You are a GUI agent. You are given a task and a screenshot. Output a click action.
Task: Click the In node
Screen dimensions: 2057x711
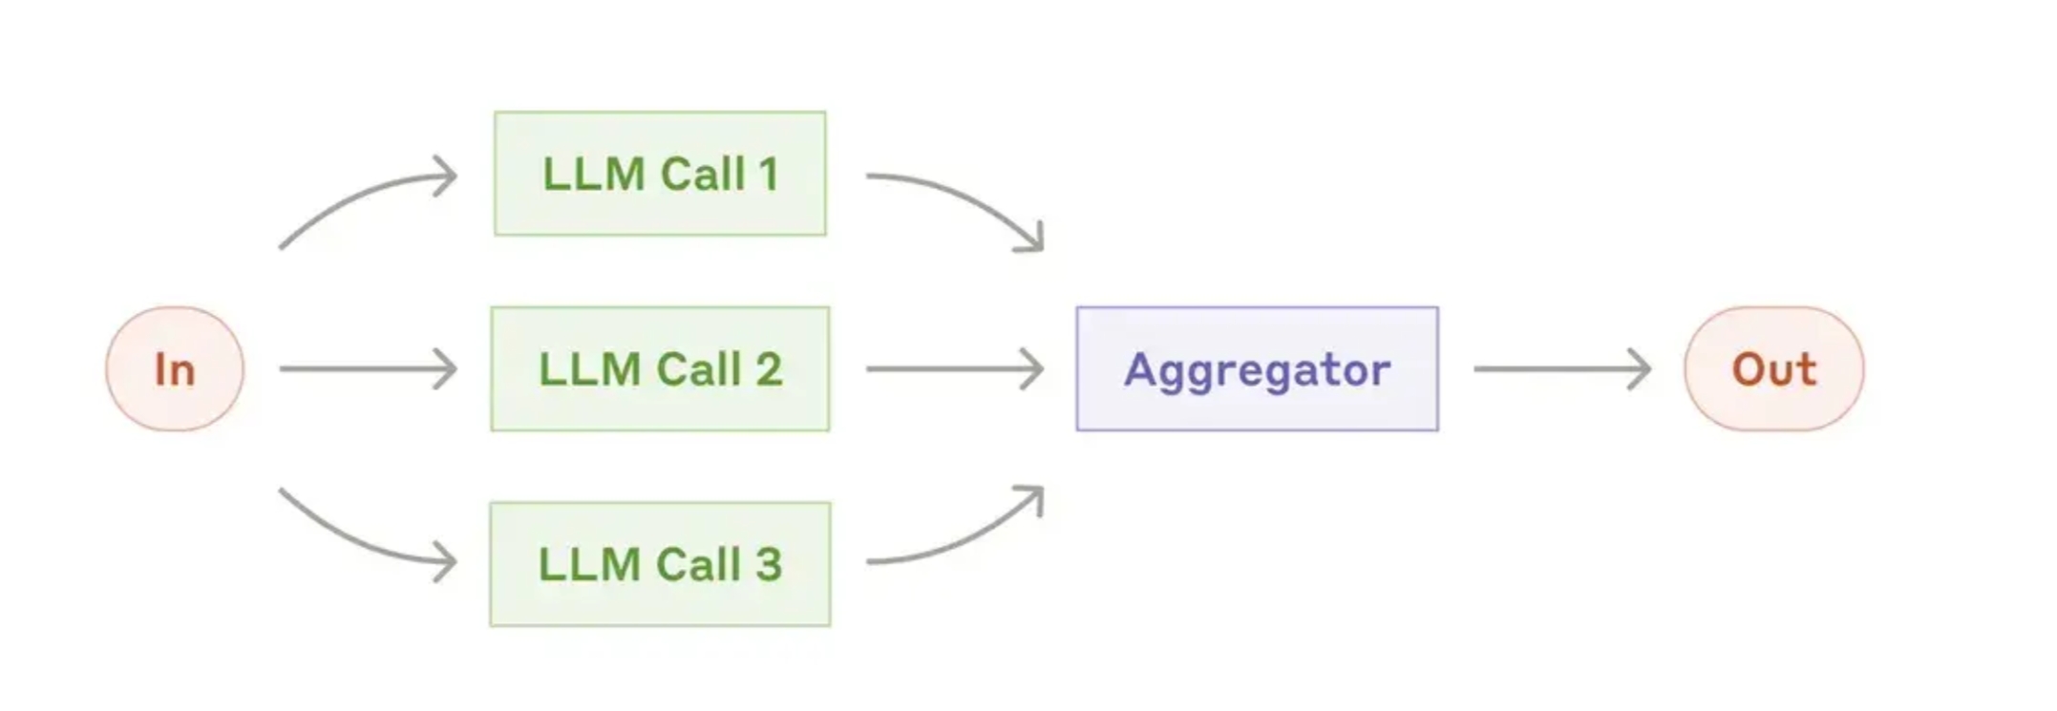[175, 368]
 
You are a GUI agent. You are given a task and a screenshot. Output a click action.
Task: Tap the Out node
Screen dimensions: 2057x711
[1773, 368]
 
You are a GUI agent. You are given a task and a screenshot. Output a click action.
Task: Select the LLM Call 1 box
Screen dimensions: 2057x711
[660, 174]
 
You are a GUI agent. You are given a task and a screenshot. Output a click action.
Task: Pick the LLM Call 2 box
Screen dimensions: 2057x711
[660, 368]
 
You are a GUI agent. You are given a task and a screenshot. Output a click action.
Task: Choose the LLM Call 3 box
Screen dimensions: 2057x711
[660, 564]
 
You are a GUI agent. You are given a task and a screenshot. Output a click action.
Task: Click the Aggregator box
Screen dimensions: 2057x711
[1257, 368]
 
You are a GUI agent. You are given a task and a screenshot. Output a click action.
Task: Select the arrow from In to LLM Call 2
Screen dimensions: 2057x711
[368, 368]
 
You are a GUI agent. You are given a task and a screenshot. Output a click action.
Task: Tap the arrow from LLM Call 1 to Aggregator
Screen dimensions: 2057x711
[965, 196]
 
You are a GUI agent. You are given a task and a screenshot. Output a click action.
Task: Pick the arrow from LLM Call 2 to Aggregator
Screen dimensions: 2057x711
[955, 368]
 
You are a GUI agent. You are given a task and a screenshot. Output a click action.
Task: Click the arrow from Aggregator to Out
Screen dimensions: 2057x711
[1562, 368]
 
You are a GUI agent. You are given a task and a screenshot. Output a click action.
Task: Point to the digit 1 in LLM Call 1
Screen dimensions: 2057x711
[768, 174]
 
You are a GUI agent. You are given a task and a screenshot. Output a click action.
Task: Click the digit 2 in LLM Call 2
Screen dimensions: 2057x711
[769, 368]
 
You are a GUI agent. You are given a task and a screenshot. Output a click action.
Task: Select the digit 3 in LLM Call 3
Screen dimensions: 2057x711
[769, 564]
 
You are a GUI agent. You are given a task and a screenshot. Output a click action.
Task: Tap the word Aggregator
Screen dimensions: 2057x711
[1257, 371]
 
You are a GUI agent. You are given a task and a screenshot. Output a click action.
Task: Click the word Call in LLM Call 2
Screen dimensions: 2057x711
[700, 368]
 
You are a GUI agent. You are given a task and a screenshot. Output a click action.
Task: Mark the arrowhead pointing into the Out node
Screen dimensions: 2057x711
[1640, 368]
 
